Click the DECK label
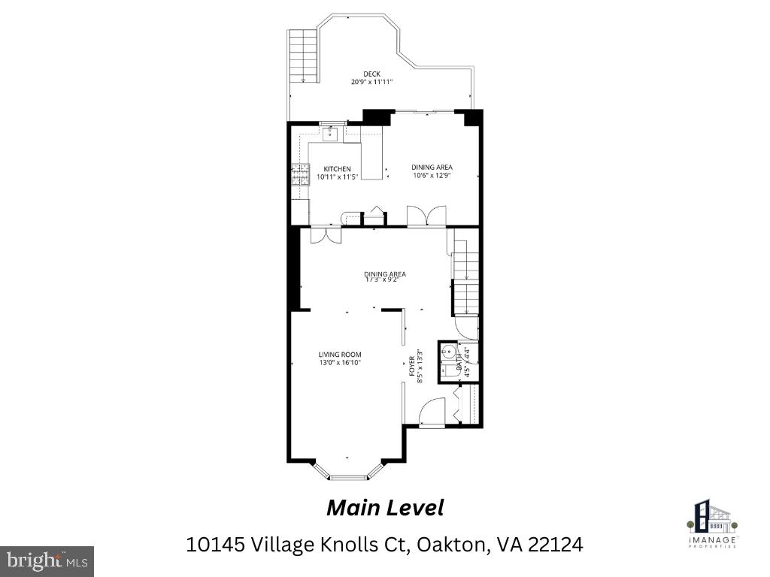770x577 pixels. [371, 74]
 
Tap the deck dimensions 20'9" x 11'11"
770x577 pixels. [371, 82]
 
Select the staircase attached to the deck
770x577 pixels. [303, 56]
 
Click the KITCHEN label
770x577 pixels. [337, 168]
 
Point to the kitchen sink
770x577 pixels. [331, 134]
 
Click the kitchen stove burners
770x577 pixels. [300, 175]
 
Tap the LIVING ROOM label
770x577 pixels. [340, 355]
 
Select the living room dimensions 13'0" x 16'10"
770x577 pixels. [340, 363]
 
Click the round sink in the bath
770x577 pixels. [448, 350]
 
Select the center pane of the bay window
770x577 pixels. [347, 477]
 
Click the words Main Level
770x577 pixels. [384, 509]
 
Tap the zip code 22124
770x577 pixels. [555, 545]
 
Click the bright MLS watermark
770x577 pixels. [46, 561]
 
